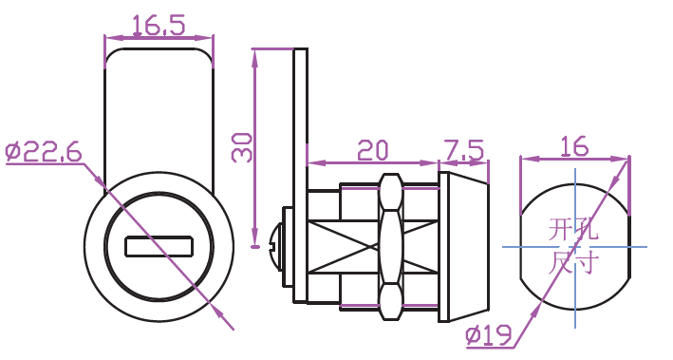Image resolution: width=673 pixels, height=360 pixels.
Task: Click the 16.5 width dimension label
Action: (159, 25)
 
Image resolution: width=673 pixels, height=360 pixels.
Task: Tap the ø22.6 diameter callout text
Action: (44, 151)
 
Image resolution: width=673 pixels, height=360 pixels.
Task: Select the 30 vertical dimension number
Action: (242, 147)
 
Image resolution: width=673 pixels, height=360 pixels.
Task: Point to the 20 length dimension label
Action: (372, 149)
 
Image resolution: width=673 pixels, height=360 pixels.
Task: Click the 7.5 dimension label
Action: (463, 150)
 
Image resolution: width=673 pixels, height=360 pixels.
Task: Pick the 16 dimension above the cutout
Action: (574, 146)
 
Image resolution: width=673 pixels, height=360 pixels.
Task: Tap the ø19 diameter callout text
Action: (489, 335)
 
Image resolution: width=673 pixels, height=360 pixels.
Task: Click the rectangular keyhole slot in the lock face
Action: (159, 247)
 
